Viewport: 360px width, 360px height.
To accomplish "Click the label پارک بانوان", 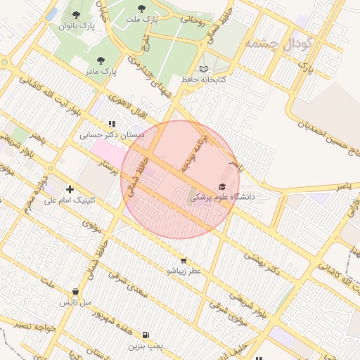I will click(x=77, y=26).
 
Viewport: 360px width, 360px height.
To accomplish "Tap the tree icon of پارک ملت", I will click(x=141, y=9).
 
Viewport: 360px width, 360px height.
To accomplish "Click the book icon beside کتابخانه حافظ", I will click(x=203, y=69).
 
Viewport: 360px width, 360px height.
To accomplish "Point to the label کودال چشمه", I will click(x=278, y=44).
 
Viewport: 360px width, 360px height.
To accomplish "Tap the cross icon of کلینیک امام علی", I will click(x=70, y=188).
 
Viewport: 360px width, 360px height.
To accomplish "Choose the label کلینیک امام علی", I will click(x=69, y=200).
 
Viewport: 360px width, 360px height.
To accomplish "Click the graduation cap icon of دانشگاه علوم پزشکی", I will click(x=223, y=186).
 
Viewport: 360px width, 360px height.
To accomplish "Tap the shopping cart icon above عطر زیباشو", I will click(x=184, y=259).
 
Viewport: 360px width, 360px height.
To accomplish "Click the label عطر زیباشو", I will click(x=184, y=271).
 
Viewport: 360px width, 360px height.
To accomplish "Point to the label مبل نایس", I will click(x=75, y=302).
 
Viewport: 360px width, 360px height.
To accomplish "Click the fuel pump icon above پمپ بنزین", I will click(x=146, y=335).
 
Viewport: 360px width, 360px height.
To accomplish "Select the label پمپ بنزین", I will click(x=146, y=346).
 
